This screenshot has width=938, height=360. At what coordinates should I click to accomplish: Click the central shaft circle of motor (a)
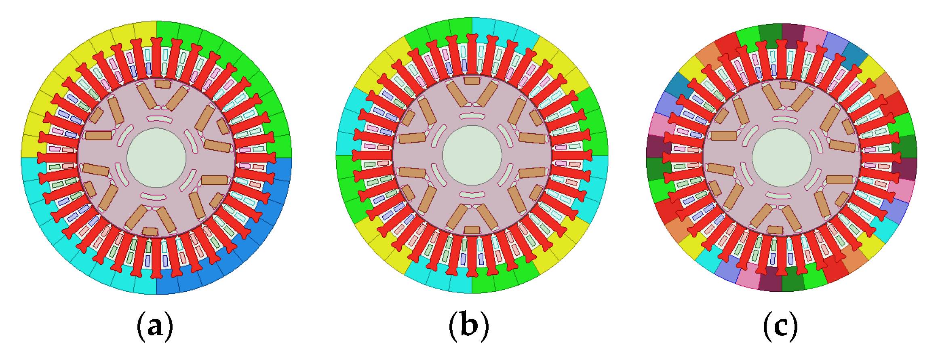click(x=156, y=158)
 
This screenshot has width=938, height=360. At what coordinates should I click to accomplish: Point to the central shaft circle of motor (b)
click(x=472, y=156)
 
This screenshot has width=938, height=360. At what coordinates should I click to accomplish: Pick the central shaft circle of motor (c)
click(x=782, y=158)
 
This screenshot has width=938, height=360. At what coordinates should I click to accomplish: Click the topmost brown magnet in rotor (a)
click(x=163, y=84)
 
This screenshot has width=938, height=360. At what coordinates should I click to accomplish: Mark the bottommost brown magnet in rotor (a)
click(x=150, y=232)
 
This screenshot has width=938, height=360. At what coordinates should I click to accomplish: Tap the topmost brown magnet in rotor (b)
click(x=472, y=80)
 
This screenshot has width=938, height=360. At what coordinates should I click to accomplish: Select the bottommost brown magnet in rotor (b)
click(x=472, y=230)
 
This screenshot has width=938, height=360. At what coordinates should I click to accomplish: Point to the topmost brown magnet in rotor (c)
click(x=788, y=85)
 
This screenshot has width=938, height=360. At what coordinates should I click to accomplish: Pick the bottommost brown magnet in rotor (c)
click(x=776, y=230)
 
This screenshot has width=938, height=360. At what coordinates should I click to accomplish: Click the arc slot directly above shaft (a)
click(x=156, y=118)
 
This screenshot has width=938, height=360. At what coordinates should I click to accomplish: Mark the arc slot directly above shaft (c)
click(x=782, y=118)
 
